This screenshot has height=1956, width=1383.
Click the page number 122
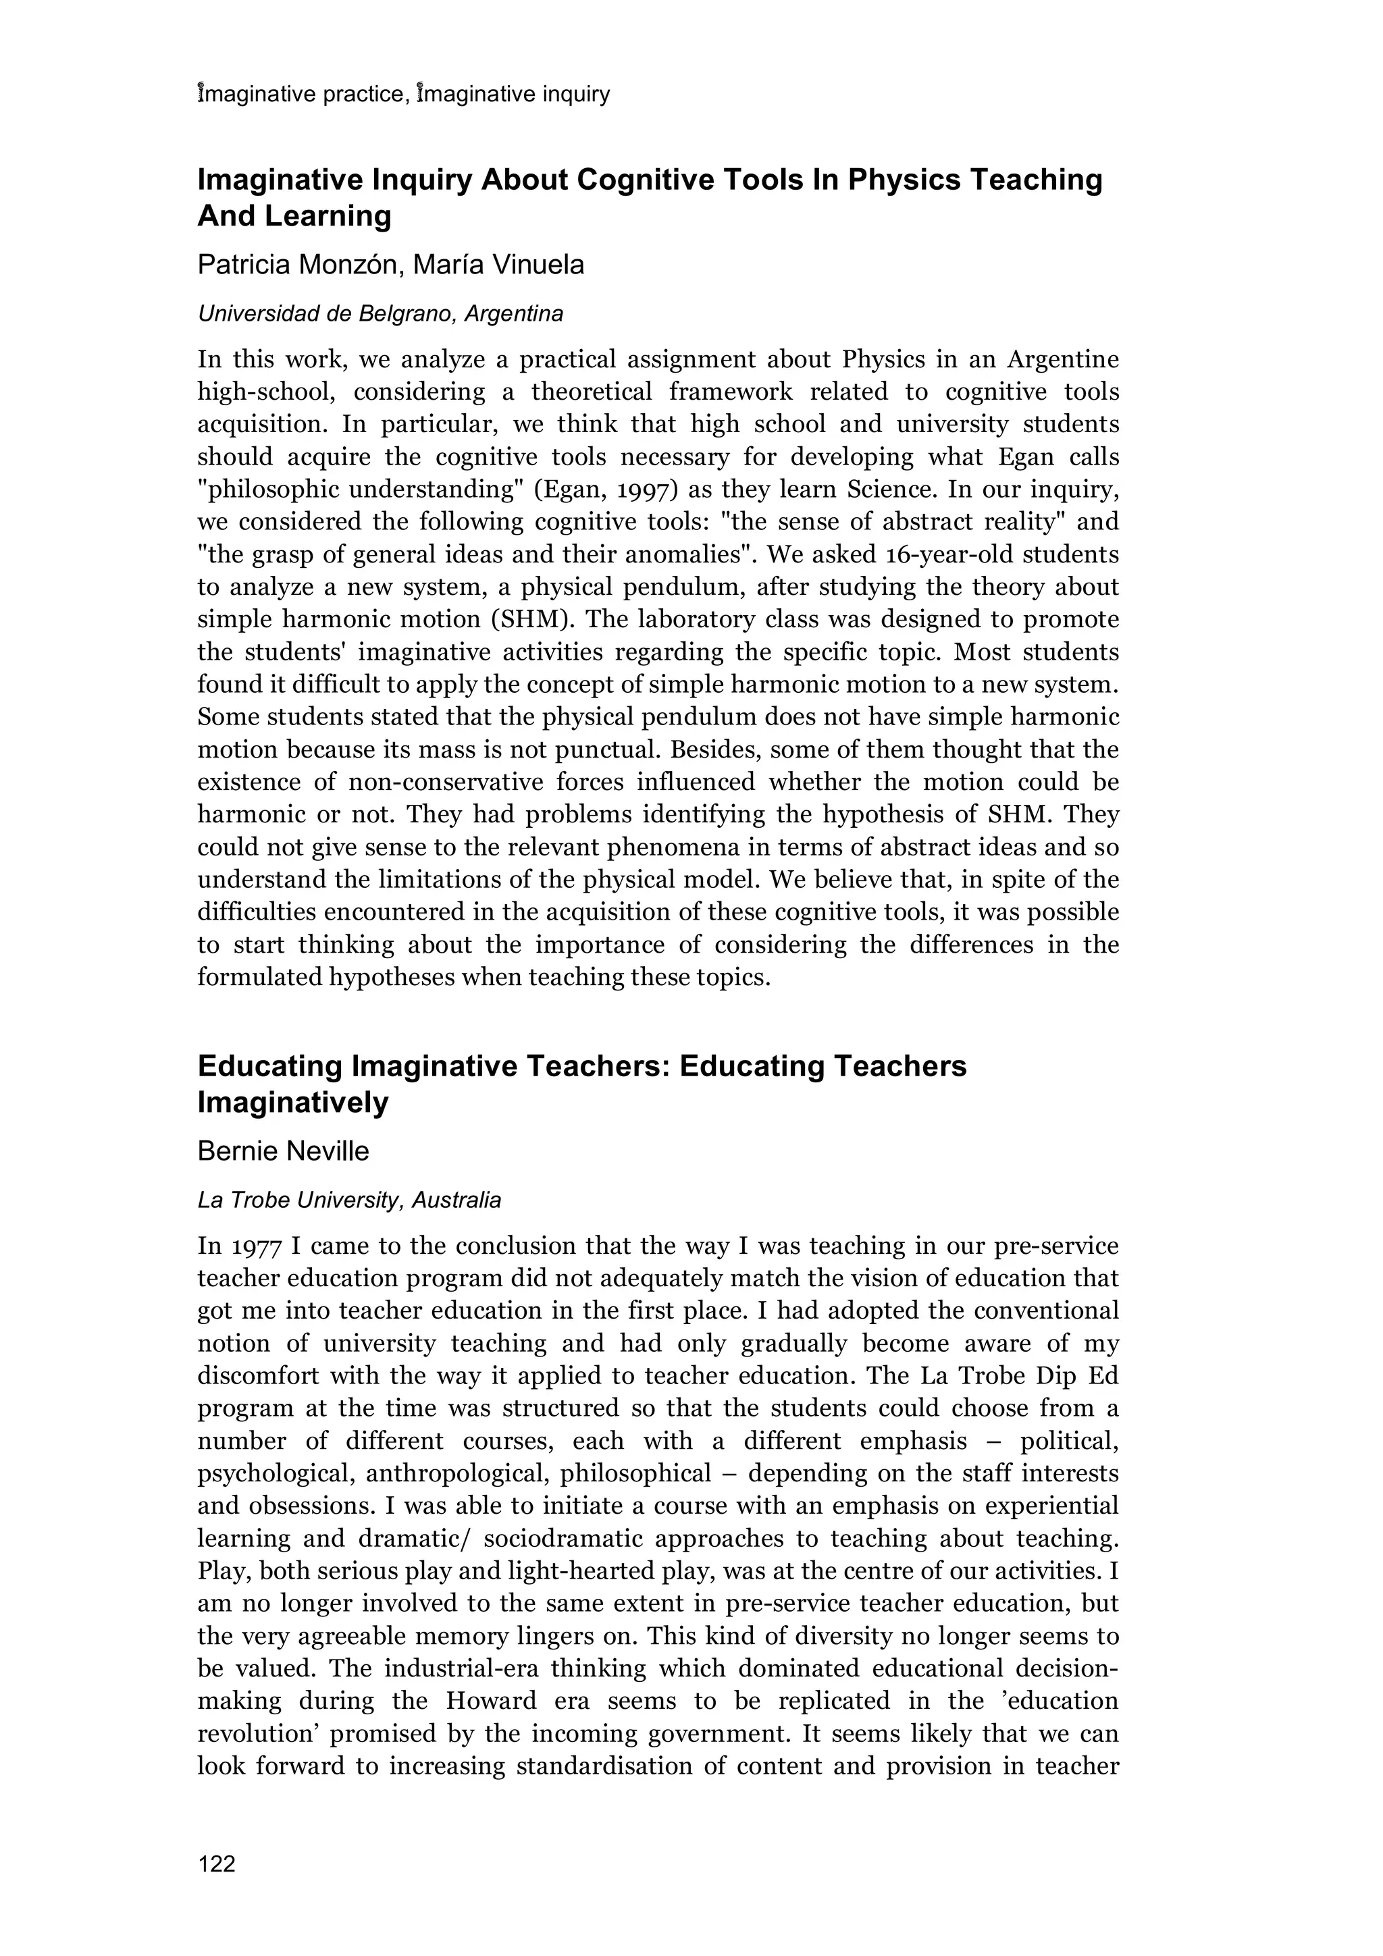tap(217, 1864)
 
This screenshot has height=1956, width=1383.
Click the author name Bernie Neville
tap(283, 1151)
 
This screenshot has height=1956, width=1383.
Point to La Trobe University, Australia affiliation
tap(349, 1200)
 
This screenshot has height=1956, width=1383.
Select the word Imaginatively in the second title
tap(292, 1103)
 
